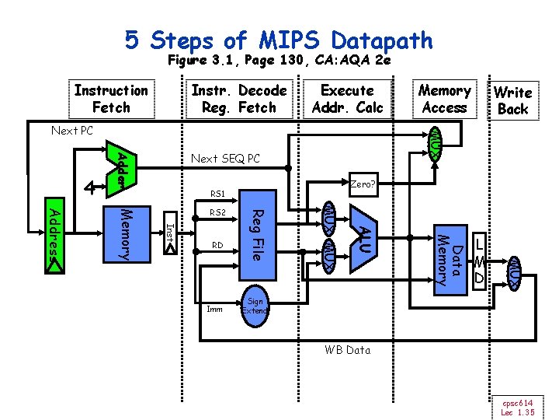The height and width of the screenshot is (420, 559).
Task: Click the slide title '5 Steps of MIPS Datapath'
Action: (x=279, y=39)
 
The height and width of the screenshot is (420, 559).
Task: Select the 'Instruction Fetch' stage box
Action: (x=111, y=99)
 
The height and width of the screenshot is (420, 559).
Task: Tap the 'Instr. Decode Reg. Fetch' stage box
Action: (x=238, y=99)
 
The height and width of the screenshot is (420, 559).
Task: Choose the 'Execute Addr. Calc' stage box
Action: (x=347, y=99)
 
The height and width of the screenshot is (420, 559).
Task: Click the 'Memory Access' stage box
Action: (x=444, y=99)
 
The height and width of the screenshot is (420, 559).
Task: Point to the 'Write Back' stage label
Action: (x=512, y=100)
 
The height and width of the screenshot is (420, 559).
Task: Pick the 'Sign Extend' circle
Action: (x=255, y=306)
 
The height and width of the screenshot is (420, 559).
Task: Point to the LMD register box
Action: (x=480, y=260)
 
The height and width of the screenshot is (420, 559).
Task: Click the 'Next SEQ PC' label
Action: (x=226, y=159)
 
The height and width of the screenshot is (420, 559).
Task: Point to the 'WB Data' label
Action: (x=347, y=350)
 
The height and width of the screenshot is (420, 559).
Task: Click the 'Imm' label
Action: (x=214, y=309)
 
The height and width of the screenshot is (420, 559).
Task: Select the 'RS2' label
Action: (x=217, y=212)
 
